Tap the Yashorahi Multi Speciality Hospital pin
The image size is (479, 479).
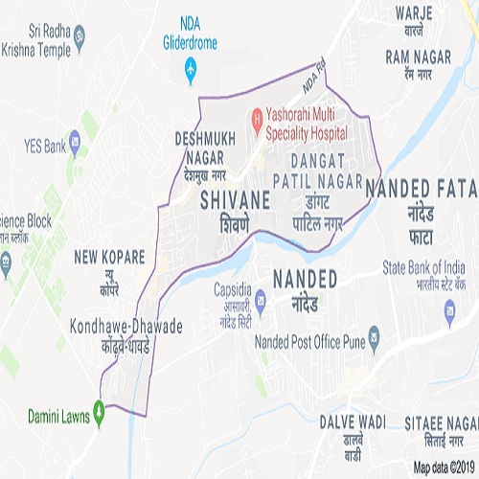(256, 121)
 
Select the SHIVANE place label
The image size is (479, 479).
(235, 202)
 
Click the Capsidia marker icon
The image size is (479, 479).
(219, 287)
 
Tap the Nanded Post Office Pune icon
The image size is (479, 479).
(373, 337)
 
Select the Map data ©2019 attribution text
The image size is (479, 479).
(445, 468)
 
